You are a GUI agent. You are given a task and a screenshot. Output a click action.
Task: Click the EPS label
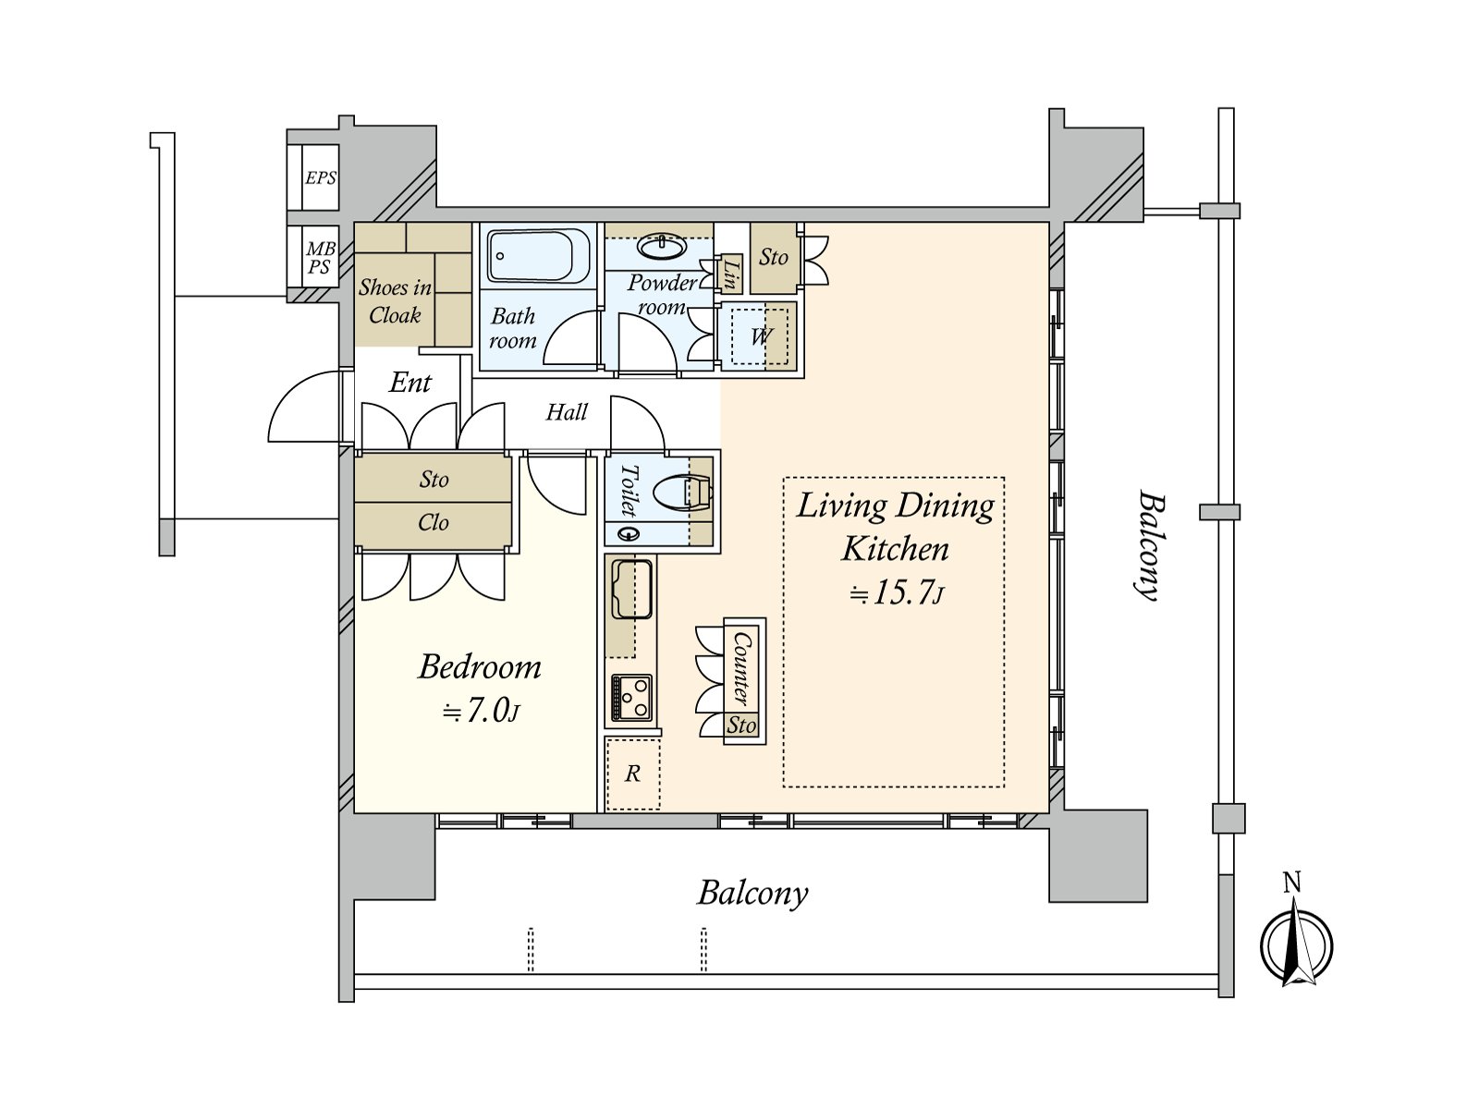tap(320, 177)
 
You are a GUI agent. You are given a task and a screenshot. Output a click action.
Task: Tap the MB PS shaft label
tap(320, 258)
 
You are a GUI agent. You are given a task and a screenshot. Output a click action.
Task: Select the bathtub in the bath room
tap(538, 256)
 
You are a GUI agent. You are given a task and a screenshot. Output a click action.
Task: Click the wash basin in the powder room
tap(662, 247)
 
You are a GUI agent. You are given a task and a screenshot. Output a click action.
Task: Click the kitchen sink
tap(631, 590)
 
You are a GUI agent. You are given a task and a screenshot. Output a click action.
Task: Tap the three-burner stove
tap(631, 699)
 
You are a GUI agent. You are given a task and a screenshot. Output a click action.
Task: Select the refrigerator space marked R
tap(632, 774)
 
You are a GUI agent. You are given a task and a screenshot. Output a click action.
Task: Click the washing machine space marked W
tap(760, 336)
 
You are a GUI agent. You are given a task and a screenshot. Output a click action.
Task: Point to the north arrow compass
tap(1296, 944)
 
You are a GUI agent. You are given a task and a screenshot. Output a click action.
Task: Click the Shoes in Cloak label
tap(395, 301)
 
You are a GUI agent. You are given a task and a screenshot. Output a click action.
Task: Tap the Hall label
tap(566, 412)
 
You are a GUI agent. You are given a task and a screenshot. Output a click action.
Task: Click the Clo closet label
tap(433, 522)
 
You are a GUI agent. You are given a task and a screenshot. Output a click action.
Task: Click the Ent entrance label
tap(409, 384)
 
